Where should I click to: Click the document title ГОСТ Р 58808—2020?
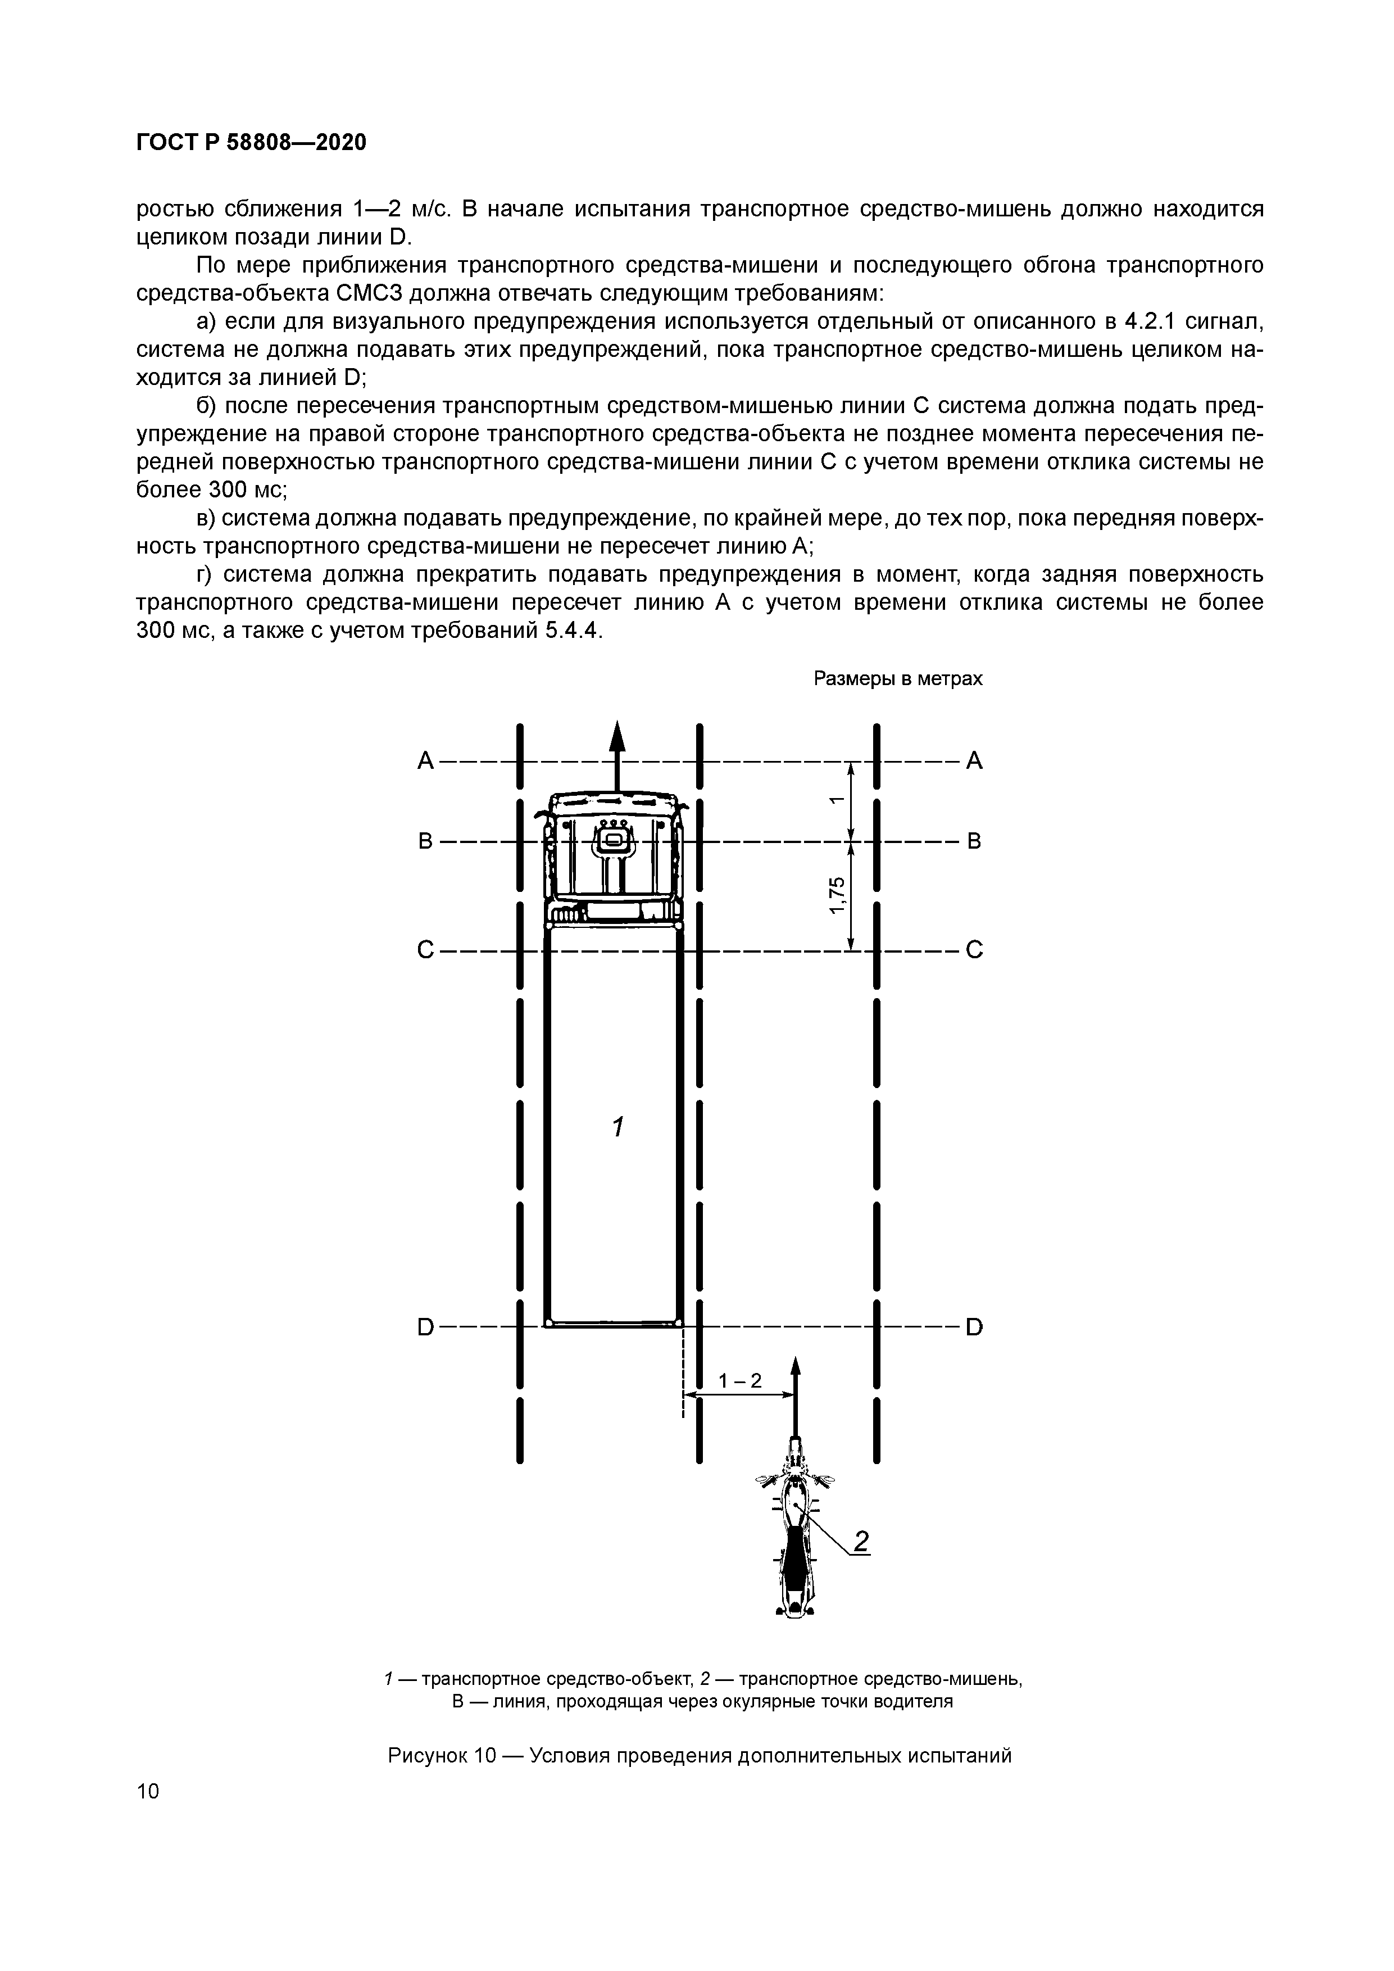pyautogui.click(x=251, y=143)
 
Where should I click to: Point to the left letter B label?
pyautogui.click(x=425, y=841)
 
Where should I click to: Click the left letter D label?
pyautogui.click(x=425, y=1327)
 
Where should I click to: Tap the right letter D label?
pyautogui.click(x=973, y=1327)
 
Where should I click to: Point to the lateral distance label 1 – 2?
pyautogui.click(x=740, y=1380)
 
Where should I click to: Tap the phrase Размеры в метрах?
pyautogui.click(x=897, y=679)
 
